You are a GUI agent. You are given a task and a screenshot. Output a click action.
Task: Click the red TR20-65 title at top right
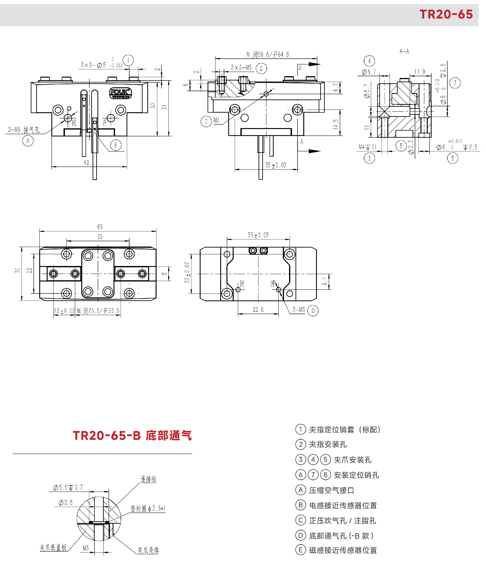[446, 14]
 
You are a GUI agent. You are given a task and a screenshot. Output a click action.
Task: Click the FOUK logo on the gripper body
[120, 93]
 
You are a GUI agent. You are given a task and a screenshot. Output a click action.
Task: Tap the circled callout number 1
[128, 60]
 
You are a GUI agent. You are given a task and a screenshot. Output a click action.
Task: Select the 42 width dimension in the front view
[86, 162]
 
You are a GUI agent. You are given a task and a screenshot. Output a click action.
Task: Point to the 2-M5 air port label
[24, 130]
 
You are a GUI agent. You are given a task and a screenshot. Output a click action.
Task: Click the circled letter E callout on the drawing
[116, 145]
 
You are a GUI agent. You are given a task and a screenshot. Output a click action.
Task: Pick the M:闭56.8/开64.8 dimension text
[268, 54]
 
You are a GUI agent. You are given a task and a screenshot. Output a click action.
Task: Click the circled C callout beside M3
[206, 121]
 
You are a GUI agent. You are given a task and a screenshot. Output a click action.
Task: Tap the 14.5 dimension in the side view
[335, 124]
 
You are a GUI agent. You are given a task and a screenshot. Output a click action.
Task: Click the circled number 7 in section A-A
[455, 83]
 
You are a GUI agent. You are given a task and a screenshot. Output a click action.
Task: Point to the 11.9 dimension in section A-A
[420, 72]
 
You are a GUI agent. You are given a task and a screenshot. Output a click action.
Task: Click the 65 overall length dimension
[100, 227]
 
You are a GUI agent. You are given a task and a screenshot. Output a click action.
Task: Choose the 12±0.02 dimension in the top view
[64, 311]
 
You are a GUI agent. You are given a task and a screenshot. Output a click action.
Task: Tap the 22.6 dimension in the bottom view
[258, 310]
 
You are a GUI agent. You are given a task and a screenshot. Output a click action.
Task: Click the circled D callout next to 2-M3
[313, 311]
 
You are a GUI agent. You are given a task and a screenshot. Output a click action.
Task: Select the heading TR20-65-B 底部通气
[132, 436]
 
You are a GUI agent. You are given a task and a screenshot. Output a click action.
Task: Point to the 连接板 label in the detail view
[148, 479]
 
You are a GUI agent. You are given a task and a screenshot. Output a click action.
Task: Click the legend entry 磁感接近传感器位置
[343, 550]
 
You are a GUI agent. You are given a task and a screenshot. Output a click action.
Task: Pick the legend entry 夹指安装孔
[328, 444]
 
